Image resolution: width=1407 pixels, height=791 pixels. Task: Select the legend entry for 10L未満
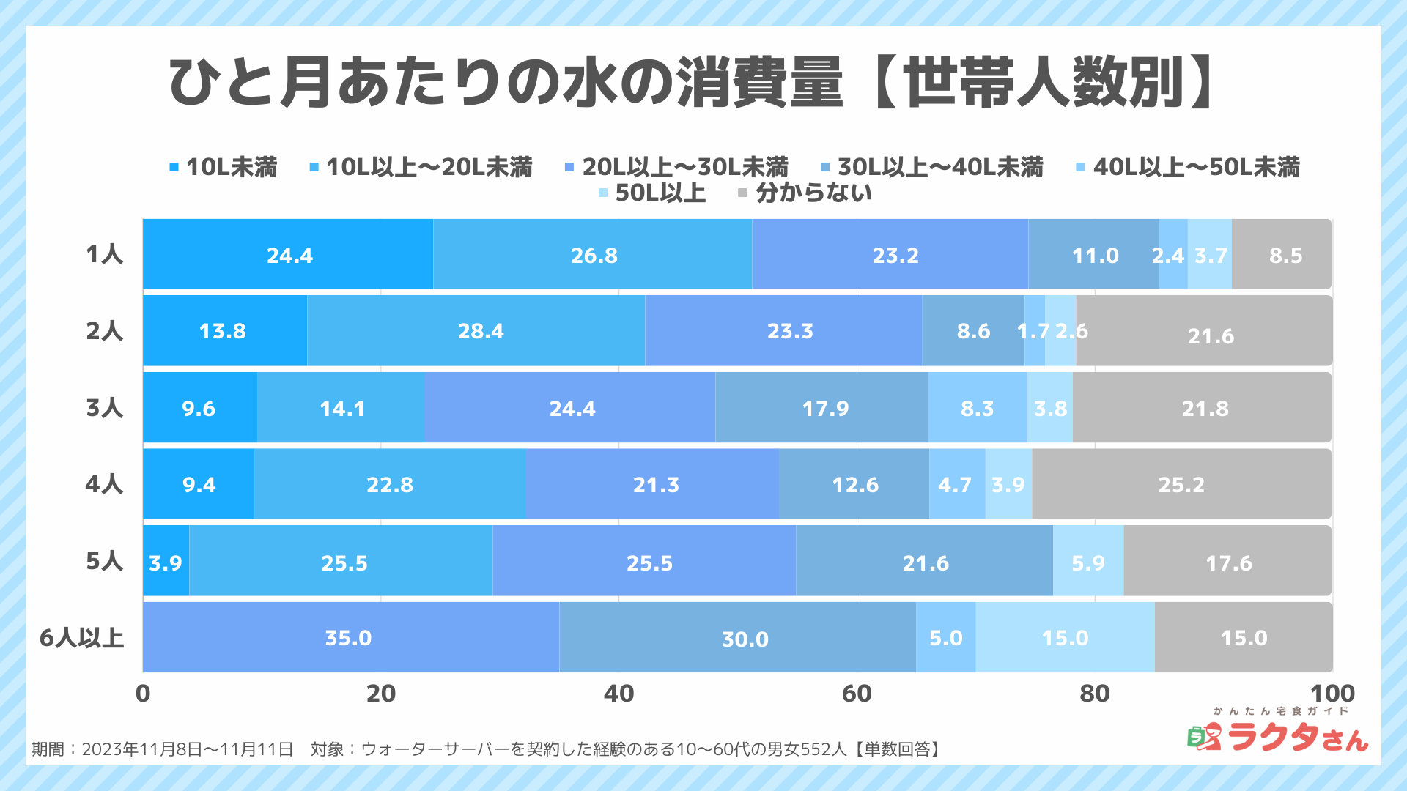[224, 168]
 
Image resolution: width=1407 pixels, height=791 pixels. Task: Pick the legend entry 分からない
[805, 193]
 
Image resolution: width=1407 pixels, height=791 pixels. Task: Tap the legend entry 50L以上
[652, 193]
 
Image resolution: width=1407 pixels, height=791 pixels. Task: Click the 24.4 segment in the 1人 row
[289, 255]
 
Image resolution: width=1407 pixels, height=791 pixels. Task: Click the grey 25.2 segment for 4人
[1181, 485]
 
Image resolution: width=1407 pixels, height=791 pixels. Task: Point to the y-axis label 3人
[104, 408]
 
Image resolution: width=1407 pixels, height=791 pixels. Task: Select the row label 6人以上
[81, 638]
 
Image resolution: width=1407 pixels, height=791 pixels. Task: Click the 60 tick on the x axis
[856, 694]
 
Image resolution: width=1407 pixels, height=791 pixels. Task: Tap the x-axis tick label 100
[1332, 694]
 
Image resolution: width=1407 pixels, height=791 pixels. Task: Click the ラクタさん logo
[1279, 734]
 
